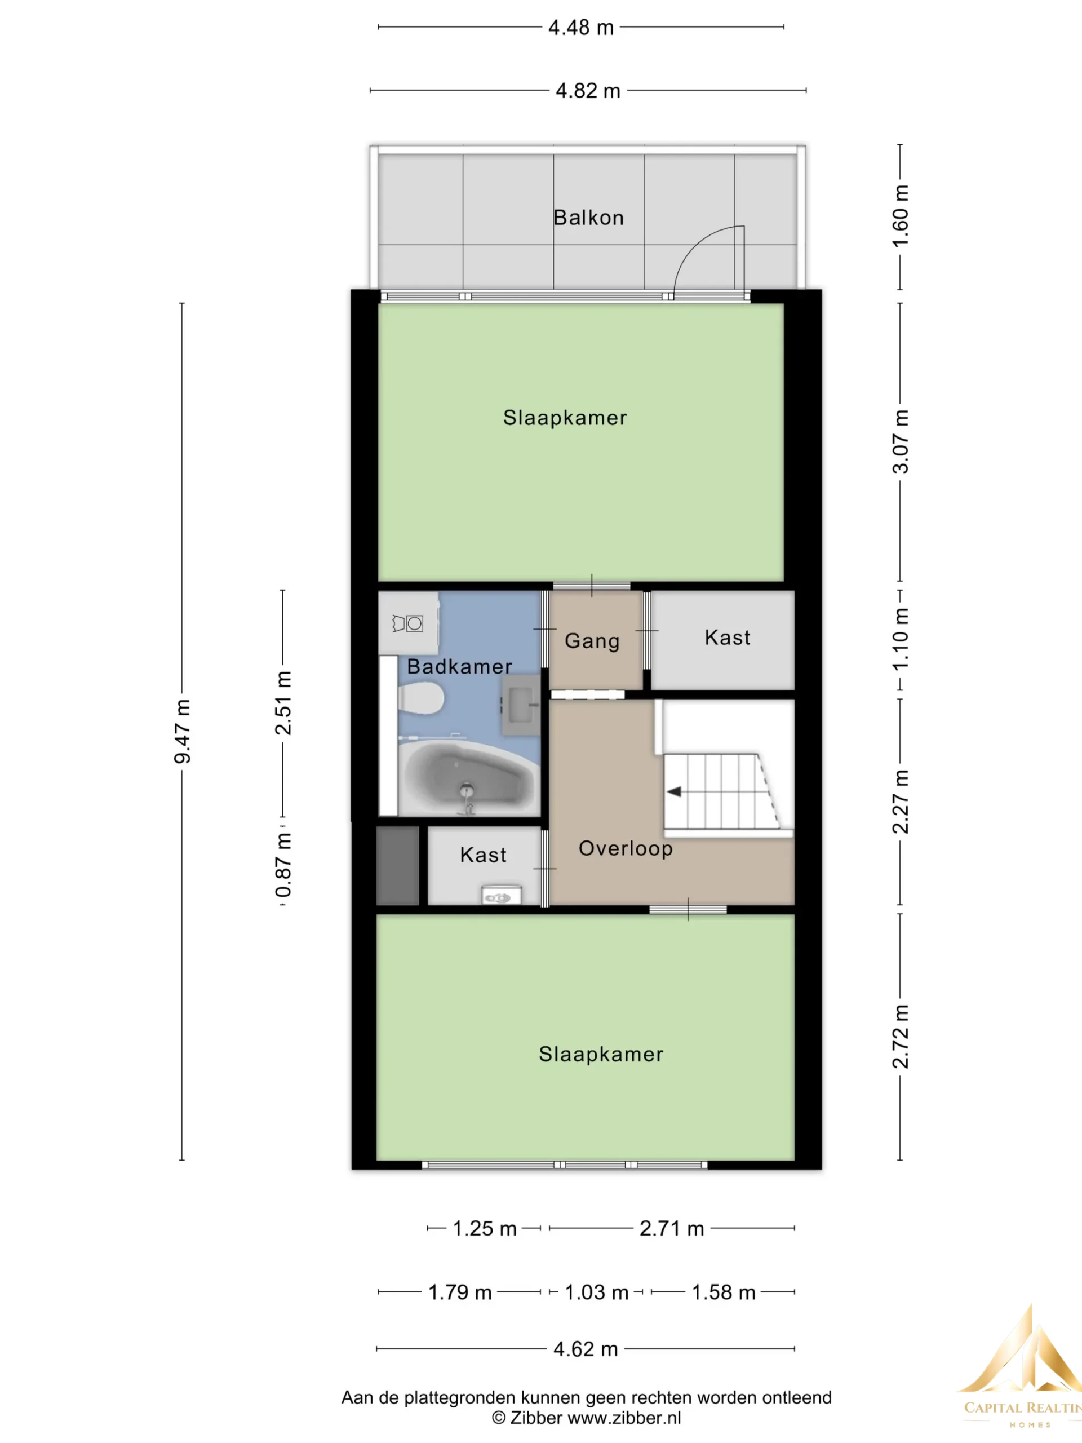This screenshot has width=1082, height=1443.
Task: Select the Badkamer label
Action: tap(460, 666)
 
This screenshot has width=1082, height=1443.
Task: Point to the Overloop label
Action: tap(626, 848)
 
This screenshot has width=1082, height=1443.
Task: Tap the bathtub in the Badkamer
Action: tap(468, 778)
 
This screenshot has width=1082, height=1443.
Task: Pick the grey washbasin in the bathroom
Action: tap(521, 705)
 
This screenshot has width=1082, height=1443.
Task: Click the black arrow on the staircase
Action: tap(674, 791)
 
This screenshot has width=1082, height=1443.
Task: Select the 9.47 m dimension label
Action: tap(182, 731)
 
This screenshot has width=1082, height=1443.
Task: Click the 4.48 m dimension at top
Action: tap(581, 28)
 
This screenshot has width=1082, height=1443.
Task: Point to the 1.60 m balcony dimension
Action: tap(900, 216)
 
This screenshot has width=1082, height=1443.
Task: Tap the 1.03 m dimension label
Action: tap(596, 1292)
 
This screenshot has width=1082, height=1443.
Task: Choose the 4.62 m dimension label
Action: tap(586, 1348)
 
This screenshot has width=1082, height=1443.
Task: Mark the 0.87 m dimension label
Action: tap(283, 865)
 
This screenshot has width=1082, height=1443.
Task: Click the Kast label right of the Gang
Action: tap(727, 638)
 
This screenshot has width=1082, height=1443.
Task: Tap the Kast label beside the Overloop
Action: tap(484, 855)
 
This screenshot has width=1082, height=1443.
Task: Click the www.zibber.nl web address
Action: tap(624, 1418)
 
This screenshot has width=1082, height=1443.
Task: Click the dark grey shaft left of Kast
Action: tap(398, 866)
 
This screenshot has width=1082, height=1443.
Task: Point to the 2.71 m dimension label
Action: tap(672, 1228)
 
